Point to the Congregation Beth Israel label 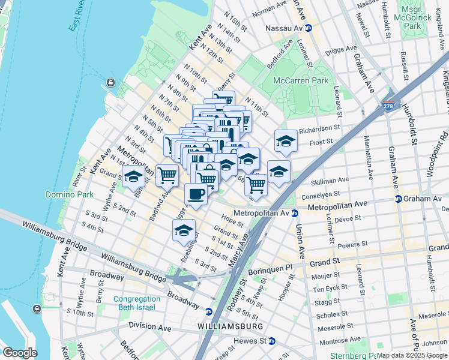pos(137,303)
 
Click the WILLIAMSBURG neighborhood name pos(230,326)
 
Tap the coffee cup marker pos(195,194)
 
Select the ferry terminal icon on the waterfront pos(110,83)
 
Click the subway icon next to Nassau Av pos(309,28)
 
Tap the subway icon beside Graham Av pos(398,199)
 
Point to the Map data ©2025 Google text pos(412,356)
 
